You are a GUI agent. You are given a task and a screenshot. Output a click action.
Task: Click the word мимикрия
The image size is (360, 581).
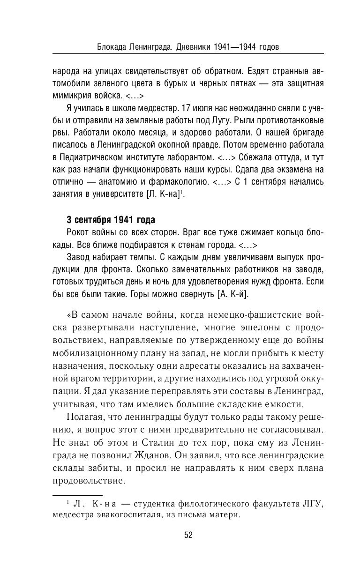pos(71,96)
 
